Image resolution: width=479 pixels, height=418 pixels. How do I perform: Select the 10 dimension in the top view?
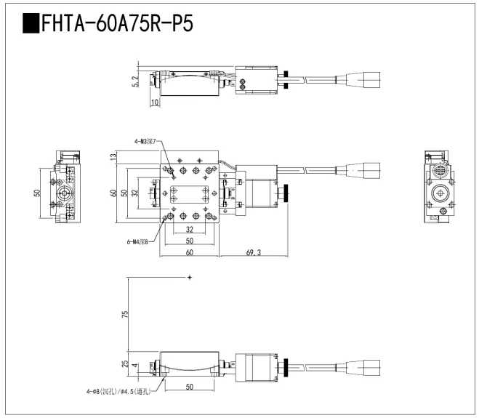click(x=155, y=103)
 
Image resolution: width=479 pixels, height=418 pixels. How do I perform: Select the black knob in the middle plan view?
click(x=288, y=193)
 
